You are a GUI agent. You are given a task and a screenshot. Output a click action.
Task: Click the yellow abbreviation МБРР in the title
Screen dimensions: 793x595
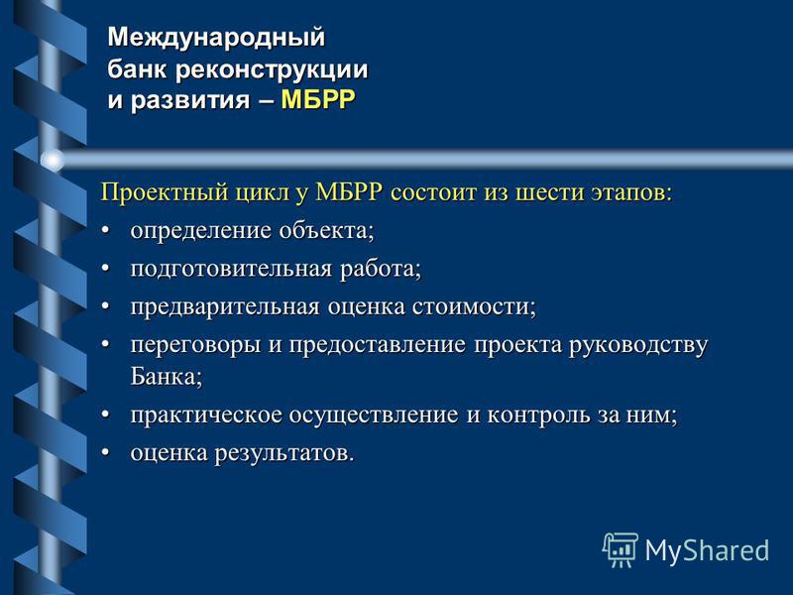click(x=318, y=99)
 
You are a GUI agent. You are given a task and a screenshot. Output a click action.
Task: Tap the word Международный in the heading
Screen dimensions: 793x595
click(x=216, y=38)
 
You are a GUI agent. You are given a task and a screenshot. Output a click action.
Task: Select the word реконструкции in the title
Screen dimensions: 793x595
click(x=272, y=69)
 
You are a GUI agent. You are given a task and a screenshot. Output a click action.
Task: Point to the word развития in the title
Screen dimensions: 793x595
click(x=190, y=100)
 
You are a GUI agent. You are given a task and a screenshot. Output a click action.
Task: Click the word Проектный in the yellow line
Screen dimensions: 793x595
click(x=165, y=192)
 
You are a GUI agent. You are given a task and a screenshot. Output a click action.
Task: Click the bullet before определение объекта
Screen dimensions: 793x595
click(x=105, y=231)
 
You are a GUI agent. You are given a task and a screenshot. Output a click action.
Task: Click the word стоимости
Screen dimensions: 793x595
click(x=474, y=307)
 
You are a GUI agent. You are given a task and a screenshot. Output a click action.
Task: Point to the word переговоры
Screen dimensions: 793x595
click(x=195, y=345)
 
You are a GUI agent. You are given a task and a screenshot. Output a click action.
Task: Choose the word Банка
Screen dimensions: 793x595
click(x=167, y=376)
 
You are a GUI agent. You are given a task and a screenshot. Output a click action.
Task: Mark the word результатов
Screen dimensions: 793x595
click(x=284, y=453)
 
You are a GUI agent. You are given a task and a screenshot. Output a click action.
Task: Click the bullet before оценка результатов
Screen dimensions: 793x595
click(x=105, y=452)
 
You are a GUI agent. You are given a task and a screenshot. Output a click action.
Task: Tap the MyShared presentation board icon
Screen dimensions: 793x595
click(x=621, y=550)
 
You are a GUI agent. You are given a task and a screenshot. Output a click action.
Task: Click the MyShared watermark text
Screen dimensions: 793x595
click(x=707, y=550)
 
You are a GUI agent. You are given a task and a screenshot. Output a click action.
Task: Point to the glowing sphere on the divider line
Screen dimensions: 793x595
click(x=53, y=161)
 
